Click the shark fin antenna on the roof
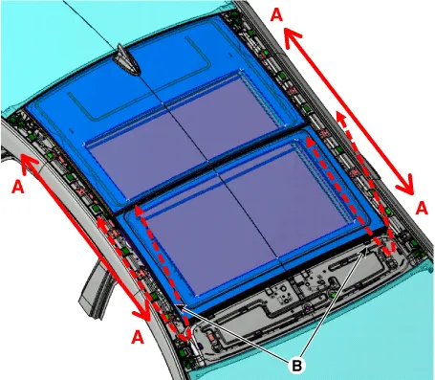coord(127,60)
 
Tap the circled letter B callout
coord(296,366)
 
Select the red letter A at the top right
coord(276,15)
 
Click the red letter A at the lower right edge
coord(422,209)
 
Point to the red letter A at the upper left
coord(18,187)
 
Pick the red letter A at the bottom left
coord(138,337)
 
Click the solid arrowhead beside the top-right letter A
coord(292,36)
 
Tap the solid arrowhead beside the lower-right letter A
coord(404,185)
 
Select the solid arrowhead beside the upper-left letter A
coord(29,162)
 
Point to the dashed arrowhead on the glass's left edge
coord(139,212)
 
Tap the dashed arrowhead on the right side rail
coord(341,118)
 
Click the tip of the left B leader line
coord(177,305)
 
